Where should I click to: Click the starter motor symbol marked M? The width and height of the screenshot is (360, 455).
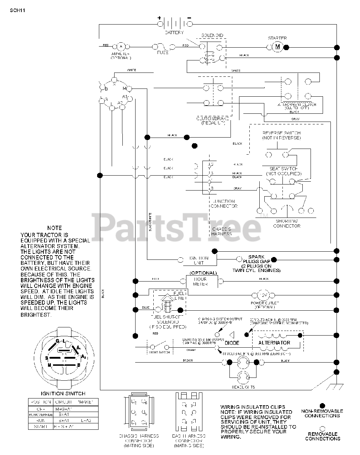coord(278,47)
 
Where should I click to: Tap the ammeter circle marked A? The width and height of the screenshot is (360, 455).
coord(121,47)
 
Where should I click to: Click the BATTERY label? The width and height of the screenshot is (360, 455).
coord(174,32)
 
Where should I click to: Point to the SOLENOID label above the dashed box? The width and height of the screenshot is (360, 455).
coord(212,36)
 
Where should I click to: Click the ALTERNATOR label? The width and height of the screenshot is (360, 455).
coord(274,343)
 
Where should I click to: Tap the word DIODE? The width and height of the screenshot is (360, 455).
coord(232,343)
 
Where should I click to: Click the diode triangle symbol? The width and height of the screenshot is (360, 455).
coord(232,335)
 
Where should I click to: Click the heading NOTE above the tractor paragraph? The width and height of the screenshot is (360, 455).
coord(54,228)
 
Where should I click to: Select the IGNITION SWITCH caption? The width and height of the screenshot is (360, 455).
coord(63,394)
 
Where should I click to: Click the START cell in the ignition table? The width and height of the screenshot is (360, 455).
coord(41,426)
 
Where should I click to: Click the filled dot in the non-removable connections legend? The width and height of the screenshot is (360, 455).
coord(322,405)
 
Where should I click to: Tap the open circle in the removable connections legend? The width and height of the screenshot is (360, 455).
coord(322,428)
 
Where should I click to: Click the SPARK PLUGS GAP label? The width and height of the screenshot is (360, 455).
coord(257,259)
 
